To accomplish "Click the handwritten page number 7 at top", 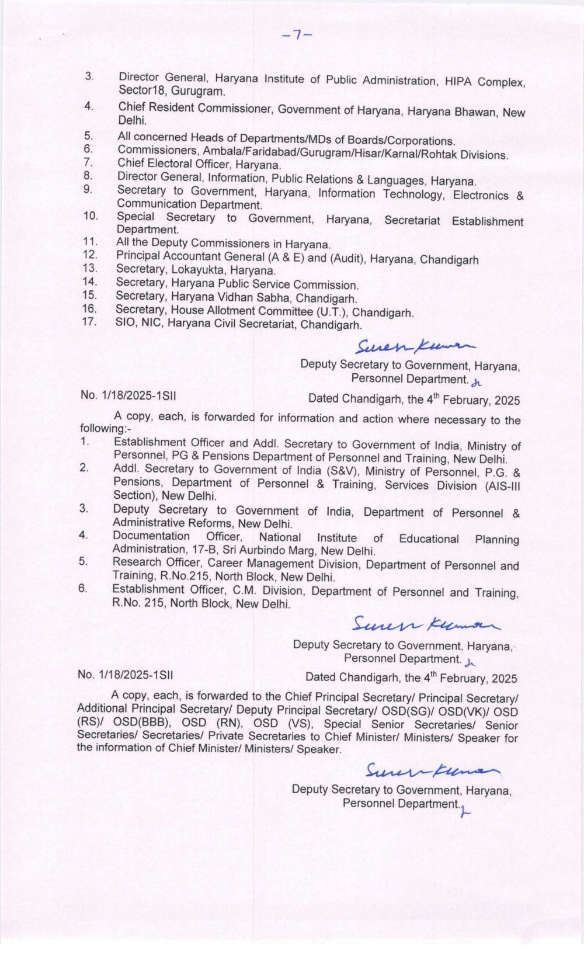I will point(297,36).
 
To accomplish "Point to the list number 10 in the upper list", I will point(91,216).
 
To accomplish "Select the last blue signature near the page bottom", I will point(432,770).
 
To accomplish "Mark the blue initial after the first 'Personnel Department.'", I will point(478,383).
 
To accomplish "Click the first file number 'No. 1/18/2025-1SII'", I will point(128,395).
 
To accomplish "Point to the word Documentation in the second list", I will point(151,536).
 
